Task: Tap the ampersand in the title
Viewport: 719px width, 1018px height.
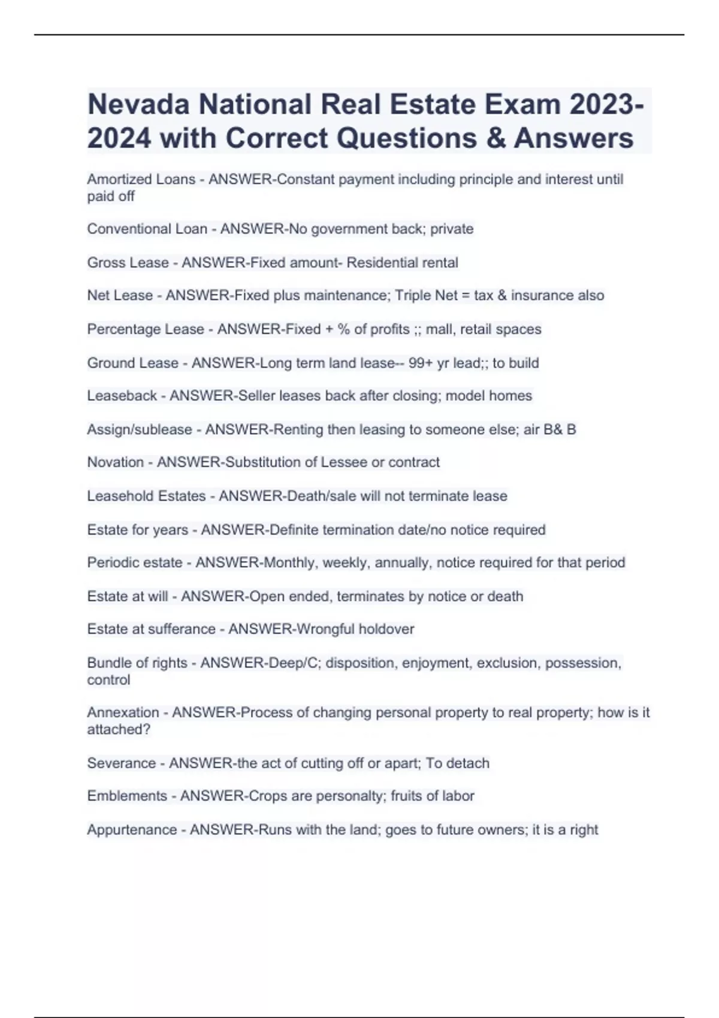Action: pos(495,138)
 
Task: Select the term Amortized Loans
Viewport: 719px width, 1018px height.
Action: pos(141,180)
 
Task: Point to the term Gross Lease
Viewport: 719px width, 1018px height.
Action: pos(128,263)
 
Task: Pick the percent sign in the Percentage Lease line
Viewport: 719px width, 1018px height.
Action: pos(343,329)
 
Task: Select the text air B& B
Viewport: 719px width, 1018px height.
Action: pos(549,430)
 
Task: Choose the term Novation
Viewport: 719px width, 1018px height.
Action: pos(115,462)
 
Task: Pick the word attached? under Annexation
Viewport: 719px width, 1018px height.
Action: pos(119,730)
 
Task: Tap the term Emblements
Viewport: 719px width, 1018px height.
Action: pos(127,796)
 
